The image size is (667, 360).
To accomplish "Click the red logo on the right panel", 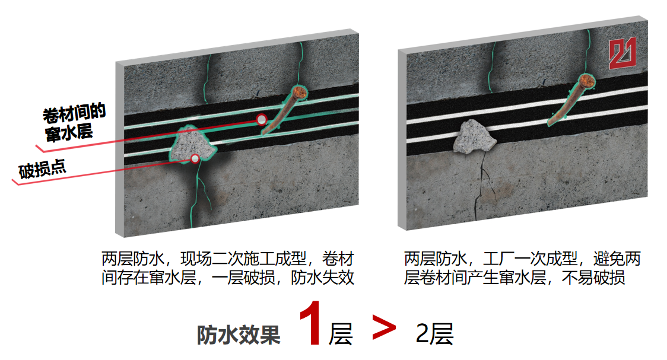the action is [x=622, y=53].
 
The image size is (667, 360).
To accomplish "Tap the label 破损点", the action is [x=42, y=169].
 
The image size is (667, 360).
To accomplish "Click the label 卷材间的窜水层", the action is [x=73, y=122].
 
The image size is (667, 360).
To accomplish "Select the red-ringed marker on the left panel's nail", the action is [x=262, y=119].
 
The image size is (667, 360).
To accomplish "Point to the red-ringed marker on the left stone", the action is [x=195, y=158].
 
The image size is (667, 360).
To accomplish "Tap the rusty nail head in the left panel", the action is [x=299, y=93].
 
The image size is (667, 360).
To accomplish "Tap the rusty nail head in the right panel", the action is [x=587, y=81].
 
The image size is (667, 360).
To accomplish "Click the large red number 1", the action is [x=311, y=323].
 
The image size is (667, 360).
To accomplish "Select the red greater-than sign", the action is [x=384, y=327].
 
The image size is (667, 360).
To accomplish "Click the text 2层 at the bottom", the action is [x=434, y=334].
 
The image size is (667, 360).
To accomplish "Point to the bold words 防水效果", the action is [x=238, y=335].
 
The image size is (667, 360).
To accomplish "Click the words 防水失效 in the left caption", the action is [x=322, y=278].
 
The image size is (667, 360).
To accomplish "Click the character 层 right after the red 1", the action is [x=341, y=334].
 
